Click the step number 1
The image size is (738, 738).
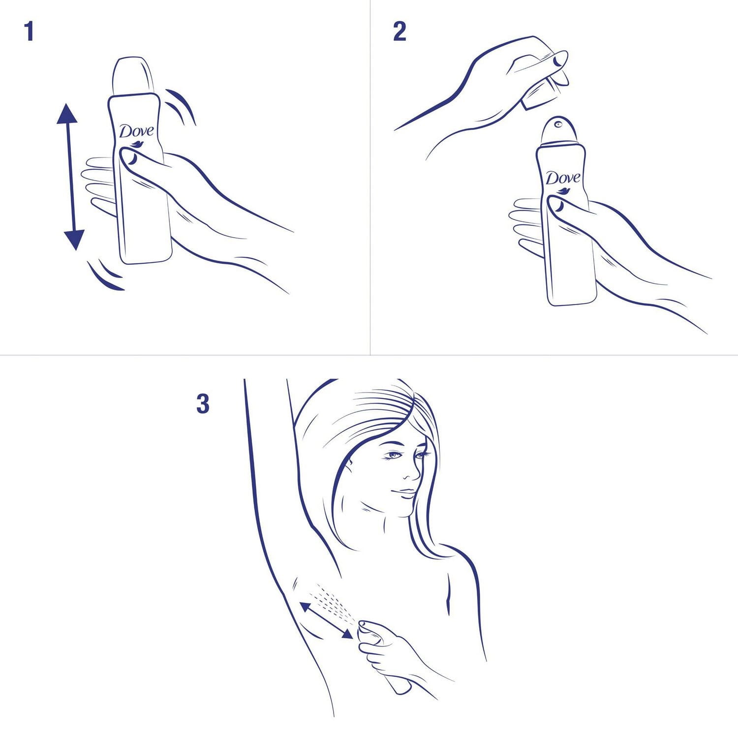click(29, 31)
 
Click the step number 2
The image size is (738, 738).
click(400, 31)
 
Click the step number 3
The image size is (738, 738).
click(203, 404)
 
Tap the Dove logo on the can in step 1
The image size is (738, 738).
click(136, 132)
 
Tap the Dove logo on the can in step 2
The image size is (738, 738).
click(562, 178)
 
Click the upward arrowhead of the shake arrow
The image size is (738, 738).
click(67, 114)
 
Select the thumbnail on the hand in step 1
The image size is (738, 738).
click(131, 157)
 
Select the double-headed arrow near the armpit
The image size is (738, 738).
click(326, 620)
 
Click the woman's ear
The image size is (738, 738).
click(350, 465)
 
